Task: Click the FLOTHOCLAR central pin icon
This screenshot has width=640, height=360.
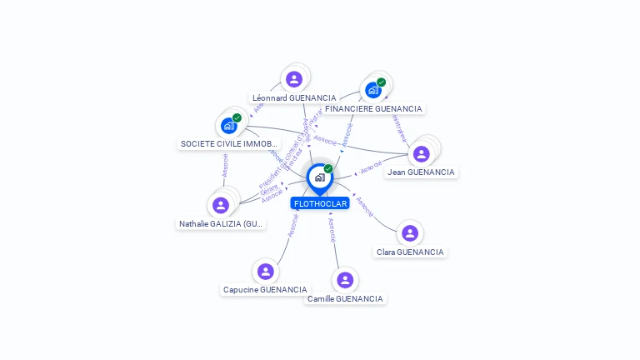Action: (319, 177)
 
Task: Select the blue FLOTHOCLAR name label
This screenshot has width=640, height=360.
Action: (320, 203)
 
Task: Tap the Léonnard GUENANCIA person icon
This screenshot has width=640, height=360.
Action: (293, 79)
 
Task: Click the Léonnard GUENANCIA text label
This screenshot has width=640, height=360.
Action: (294, 97)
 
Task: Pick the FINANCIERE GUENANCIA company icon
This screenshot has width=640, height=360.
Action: (373, 90)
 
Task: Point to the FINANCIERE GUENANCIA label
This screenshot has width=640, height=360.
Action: (373, 108)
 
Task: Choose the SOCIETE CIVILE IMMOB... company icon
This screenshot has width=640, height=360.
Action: (229, 126)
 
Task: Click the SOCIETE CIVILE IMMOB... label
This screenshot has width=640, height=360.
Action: (229, 143)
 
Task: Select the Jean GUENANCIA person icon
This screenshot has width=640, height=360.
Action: (422, 153)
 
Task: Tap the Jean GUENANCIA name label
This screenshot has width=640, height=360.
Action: (421, 172)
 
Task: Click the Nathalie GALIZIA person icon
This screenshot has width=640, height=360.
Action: (221, 205)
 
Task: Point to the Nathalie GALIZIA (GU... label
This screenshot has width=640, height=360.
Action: (222, 223)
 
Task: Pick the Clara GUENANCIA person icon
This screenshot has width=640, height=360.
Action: (409, 233)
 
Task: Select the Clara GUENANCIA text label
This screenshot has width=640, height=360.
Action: (410, 252)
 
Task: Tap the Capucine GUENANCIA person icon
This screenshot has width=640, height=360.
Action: (265, 271)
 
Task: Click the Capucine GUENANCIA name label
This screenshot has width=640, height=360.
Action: (265, 289)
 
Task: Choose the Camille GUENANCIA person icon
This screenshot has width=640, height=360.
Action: (345, 280)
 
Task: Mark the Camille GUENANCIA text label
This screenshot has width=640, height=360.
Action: (345, 298)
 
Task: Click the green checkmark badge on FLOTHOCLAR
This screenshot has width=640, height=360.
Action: (328, 168)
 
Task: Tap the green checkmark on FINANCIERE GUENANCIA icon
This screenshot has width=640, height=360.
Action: (381, 82)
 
